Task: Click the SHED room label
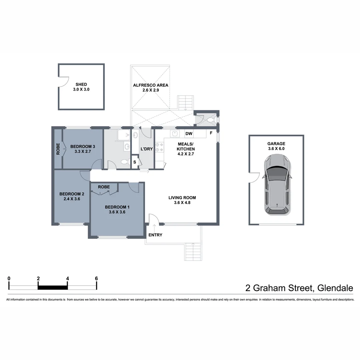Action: point(81,84)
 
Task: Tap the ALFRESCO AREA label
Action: point(151,85)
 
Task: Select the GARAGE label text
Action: point(276,144)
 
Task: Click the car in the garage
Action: point(277,185)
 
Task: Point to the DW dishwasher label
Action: point(189,134)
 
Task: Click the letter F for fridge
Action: point(211,133)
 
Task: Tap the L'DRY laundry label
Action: point(146,149)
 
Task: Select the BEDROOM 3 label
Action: point(83,146)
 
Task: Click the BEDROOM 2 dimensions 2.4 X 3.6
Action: point(72,199)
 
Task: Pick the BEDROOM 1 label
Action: point(117,207)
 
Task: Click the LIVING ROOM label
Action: point(182,198)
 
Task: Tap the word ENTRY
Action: point(155,235)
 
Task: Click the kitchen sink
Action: point(175,134)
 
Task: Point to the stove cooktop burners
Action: point(159,147)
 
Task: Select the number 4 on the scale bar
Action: point(67,278)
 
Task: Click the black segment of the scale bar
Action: point(53,287)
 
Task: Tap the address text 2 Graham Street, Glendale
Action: point(299,288)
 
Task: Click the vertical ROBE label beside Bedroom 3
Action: point(58,149)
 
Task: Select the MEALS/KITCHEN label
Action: point(186,146)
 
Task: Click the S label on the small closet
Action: point(135,162)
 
